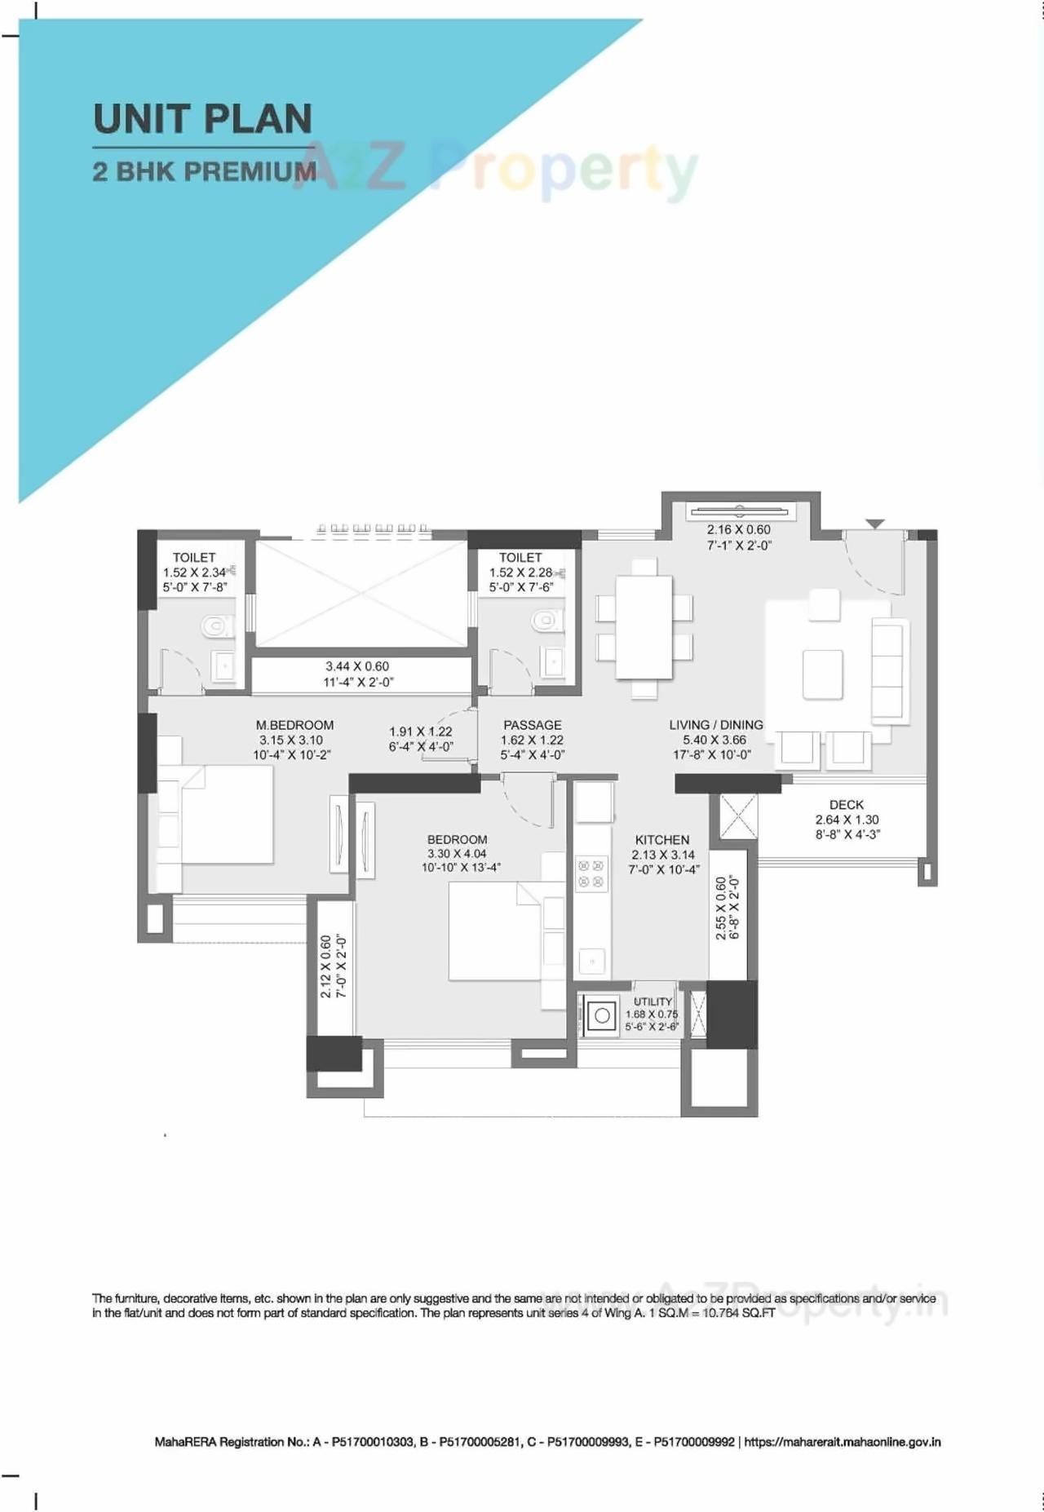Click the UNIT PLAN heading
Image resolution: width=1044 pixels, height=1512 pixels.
tap(202, 119)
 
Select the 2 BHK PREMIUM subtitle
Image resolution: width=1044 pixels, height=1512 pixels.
tap(204, 172)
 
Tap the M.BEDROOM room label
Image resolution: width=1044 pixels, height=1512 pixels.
tap(294, 725)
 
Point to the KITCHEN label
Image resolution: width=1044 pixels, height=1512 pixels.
tap(662, 839)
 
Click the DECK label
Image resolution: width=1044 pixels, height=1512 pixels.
tap(846, 805)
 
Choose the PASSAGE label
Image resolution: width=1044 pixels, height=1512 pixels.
tap(532, 725)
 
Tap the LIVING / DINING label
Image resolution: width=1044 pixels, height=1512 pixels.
tap(716, 725)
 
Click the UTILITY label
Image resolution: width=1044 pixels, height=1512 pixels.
tap(652, 1001)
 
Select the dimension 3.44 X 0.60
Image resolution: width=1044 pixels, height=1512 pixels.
tap(357, 666)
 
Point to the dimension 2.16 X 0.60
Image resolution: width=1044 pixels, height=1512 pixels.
tap(738, 530)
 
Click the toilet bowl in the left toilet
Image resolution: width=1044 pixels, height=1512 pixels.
tap(215, 626)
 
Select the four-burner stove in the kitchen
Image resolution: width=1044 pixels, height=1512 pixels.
tap(591, 873)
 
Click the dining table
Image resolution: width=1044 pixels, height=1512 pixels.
tap(644, 627)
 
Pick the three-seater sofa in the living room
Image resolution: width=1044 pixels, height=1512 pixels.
tap(887, 671)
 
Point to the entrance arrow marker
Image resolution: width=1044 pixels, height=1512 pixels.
tap(875, 524)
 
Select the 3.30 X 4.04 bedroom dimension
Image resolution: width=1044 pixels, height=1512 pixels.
tap(457, 854)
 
